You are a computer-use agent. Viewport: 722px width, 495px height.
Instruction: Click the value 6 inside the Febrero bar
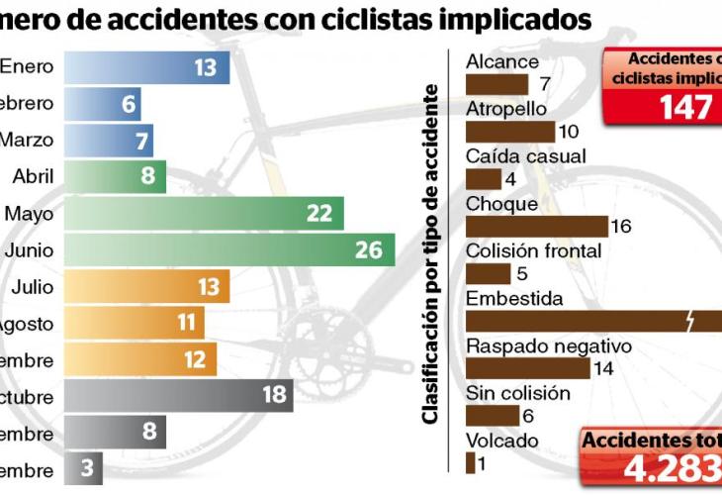pos(129,104)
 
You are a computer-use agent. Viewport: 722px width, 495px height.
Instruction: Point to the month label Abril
pos(34,176)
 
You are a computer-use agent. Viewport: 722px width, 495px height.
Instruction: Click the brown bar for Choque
pos(536,227)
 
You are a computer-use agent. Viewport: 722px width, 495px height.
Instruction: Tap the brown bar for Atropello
pos(509,131)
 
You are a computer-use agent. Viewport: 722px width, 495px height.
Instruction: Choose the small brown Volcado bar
pos(470,462)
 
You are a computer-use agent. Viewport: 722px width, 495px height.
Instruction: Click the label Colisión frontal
pos(533,251)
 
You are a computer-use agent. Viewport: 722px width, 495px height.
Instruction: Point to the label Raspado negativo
pos(548,346)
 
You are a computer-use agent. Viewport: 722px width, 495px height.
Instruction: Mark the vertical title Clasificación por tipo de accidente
pos(430,254)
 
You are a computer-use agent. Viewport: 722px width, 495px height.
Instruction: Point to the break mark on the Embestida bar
pos(690,320)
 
